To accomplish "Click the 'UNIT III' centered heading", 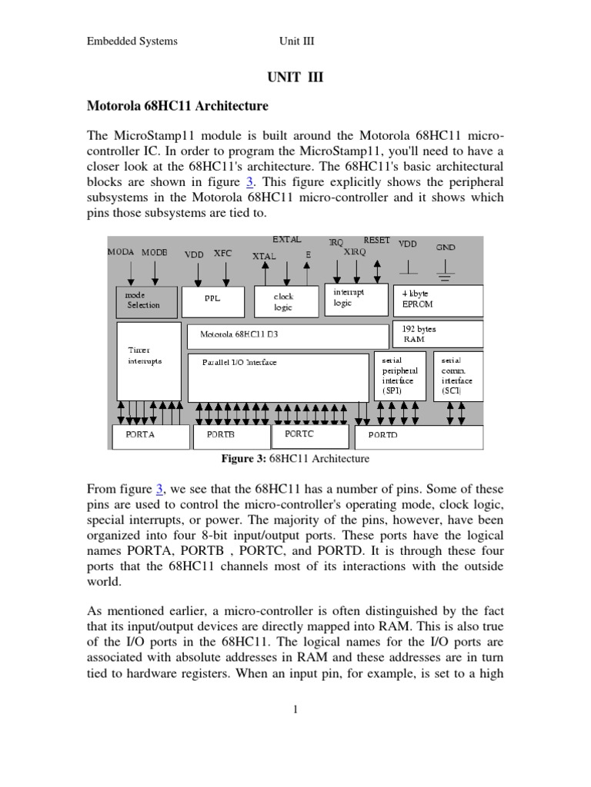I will click(x=295, y=78).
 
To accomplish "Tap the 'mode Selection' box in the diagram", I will click(x=146, y=301).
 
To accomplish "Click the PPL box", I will click(x=213, y=300).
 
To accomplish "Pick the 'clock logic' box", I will click(x=284, y=301).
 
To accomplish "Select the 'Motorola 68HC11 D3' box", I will click(x=289, y=336).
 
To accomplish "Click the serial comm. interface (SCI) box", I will click(x=459, y=376).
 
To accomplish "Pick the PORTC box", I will click(x=305, y=436).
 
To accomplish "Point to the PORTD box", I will click(x=418, y=437).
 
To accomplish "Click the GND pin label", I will click(x=446, y=247).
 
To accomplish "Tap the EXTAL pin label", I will click(x=286, y=240).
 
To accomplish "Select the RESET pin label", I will click(x=376, y=241).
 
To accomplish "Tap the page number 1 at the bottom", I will click(x=295, y=709).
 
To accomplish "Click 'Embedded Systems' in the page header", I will click(x=132, y=41).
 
